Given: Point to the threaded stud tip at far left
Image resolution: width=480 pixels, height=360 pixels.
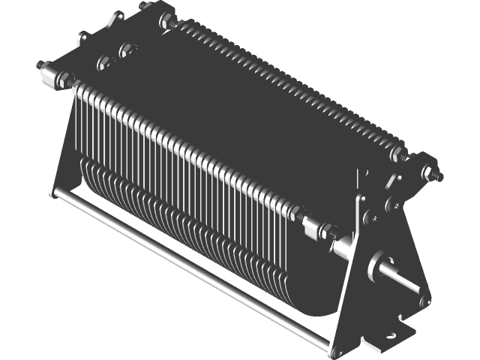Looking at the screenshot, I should coord(39,65).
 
